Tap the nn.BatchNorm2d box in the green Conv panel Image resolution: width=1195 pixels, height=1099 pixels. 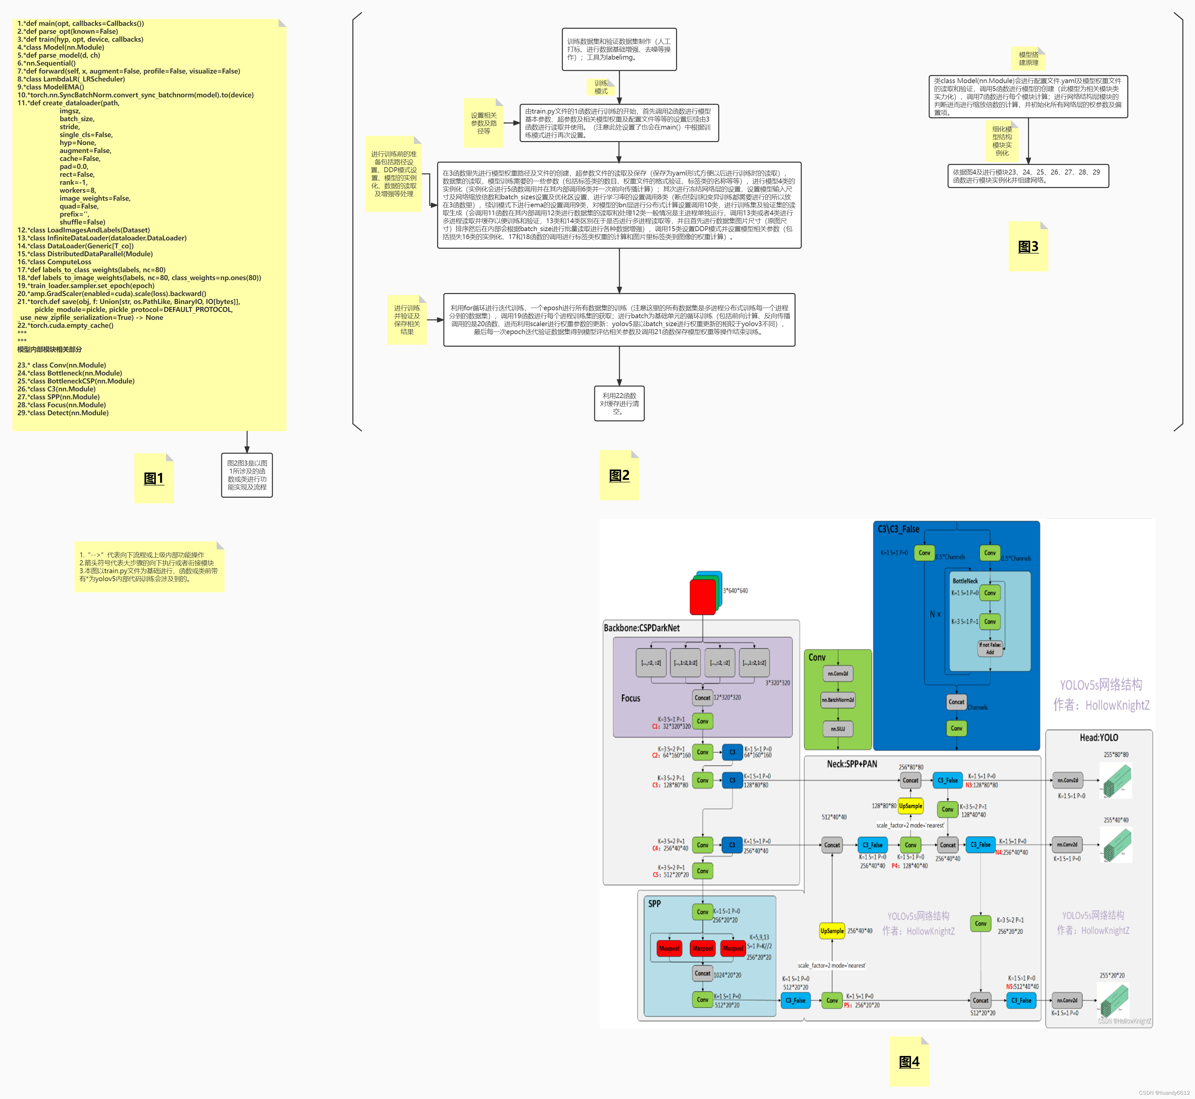(x=838, y=700)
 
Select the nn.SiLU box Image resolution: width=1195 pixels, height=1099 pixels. (x=838, y=728)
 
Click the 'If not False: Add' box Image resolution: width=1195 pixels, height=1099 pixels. (x=990, y=648)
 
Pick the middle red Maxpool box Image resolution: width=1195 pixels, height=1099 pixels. (x=702, y=949)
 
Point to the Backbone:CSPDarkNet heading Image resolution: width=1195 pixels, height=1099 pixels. (x=642, y=628)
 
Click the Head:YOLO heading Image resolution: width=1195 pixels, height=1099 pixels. (x=1099, y=737)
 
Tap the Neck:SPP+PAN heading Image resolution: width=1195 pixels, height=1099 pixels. (x=851, y=764)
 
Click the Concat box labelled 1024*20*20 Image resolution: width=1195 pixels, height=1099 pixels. (x=702, y=974)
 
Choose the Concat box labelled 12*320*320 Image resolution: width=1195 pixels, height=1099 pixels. (x=702, y=698)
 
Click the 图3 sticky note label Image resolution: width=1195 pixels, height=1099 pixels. (x=1028, y=247)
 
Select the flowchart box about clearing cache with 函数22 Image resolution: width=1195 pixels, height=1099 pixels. (x=619, y=403)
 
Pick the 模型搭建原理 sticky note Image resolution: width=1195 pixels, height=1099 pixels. (x=1029, y=58)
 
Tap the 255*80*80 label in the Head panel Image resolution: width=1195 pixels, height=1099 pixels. (x=1116, y=755)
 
